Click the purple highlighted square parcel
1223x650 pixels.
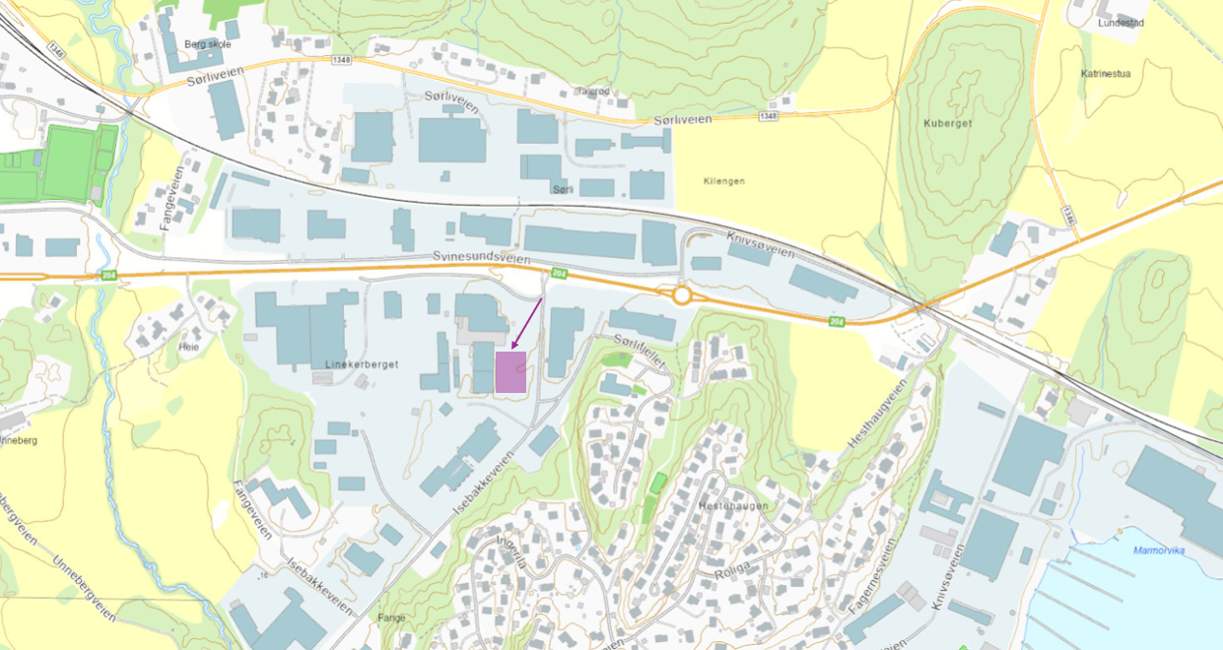point(510,372)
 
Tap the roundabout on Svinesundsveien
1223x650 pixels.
point(681,294)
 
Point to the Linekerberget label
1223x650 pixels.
point(361,364)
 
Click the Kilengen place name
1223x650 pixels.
point(724,181)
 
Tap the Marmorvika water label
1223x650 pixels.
point(1158,551)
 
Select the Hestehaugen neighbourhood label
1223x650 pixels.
point(732,506)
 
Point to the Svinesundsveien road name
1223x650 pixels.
point(481,258)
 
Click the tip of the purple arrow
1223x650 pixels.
point(513,348)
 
